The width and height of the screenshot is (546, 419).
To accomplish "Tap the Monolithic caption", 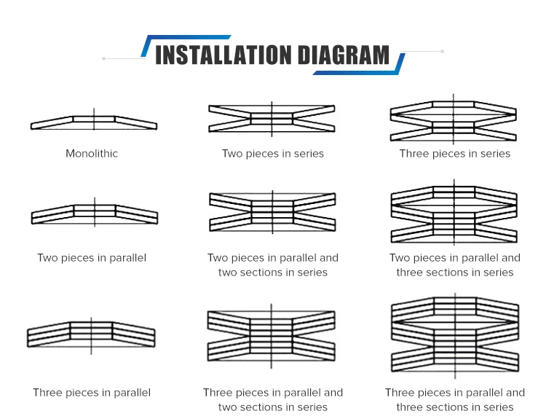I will pyautogui.click(x=92, y=154).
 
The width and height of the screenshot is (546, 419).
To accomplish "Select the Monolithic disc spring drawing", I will pyautogui.click(x=94, y=122).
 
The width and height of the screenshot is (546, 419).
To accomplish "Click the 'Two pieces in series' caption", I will pyautogui.click(x=273, y=154).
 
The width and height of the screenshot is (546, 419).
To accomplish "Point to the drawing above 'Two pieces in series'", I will pyautogui.click(x=272, y=119).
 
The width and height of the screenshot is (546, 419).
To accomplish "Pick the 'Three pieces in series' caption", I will pyautogui.click(x=455, y=154).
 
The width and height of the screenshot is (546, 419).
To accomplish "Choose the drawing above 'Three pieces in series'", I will pyautogui.click(x=454, y=119).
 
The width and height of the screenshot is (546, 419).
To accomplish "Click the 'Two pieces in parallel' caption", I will pyautogui.click(x=92, y=258).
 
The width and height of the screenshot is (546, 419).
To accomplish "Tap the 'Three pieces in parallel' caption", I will pyautogui.click(x=92, y=393).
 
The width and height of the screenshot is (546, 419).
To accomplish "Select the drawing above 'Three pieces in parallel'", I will pyautogui.click(x=91, y=334).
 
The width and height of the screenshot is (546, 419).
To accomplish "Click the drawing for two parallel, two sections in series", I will pyautogui.click(x=272, y=211).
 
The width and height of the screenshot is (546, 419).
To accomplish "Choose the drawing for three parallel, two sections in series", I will pyautogui.click(x=272, y=335).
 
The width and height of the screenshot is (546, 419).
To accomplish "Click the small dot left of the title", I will pyautogui.click(x=105, y=58).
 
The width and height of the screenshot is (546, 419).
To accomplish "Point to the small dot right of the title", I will pyautogui.click(x=442, y=51).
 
